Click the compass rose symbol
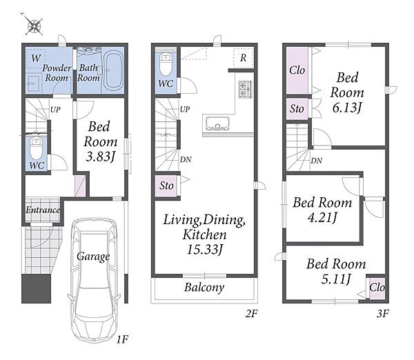[34, 24]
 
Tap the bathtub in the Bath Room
[113, 70]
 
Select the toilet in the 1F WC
[36, 148]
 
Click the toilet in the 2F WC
[166, 65]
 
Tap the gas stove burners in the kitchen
[245, 89]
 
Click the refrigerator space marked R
[244, 57]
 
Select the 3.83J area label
[101, 157]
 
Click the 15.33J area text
[205, 249]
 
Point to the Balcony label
[204, 287]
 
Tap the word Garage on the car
[93, 257]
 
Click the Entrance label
[43, 210]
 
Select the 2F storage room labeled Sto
[166, 186]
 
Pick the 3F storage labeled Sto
[297, 109]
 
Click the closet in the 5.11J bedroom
[377, 289]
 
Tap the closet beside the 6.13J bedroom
[297, 70]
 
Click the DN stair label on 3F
[317, 161]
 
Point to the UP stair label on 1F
[55, 109]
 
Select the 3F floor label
[382, 314]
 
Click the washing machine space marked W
[36, 58]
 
